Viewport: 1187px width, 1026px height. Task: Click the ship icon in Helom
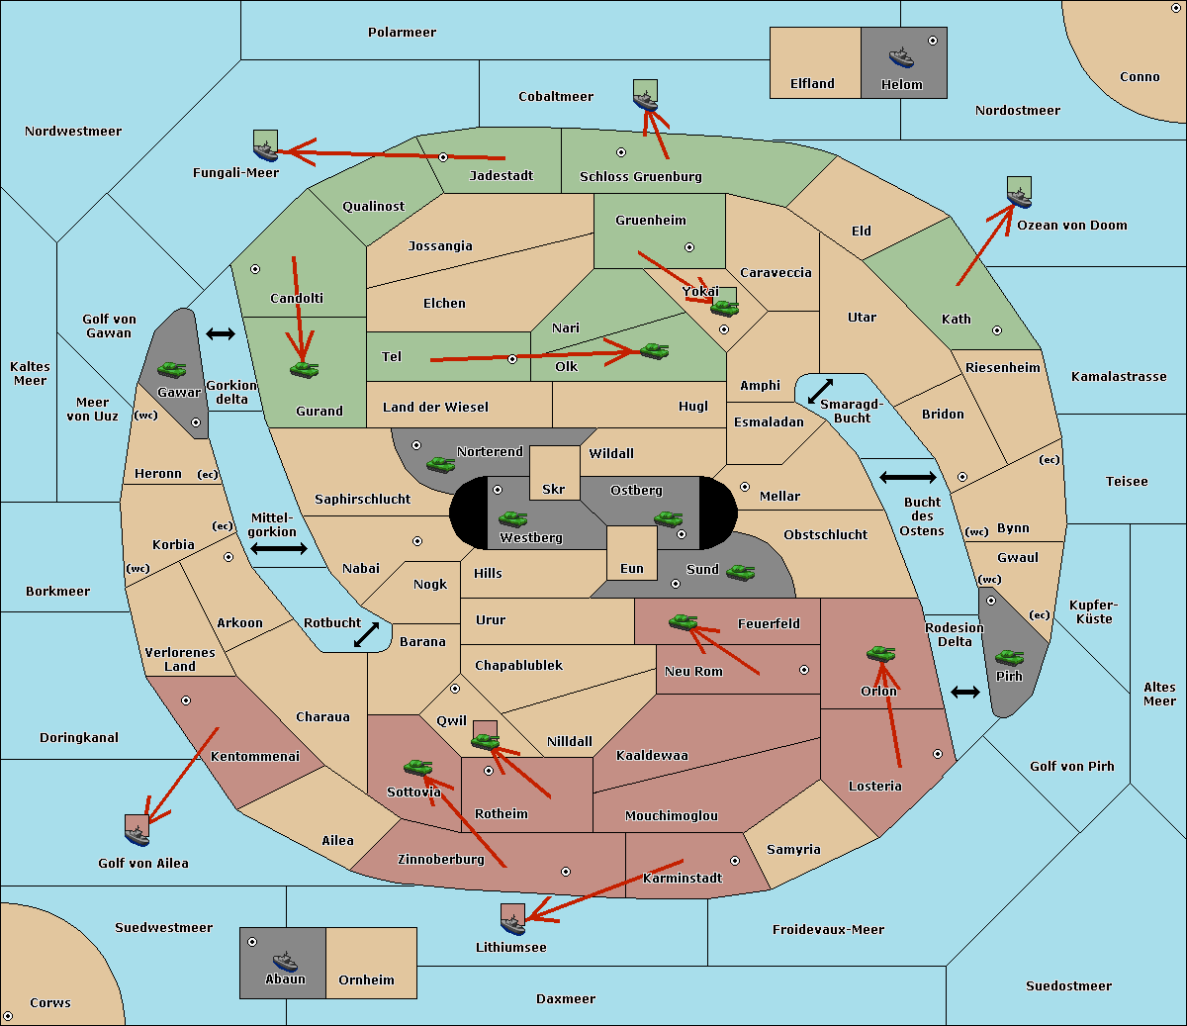pos(901,58)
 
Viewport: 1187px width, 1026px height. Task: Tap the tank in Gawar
pos(172,369)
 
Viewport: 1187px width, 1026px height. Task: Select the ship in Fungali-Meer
pos(265,151)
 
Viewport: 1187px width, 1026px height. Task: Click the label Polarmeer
pos(402,33)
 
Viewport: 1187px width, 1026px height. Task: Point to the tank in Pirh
pos(1009,658)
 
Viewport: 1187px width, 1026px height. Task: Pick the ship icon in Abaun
pos(286,963)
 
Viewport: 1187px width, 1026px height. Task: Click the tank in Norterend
pos(440,464)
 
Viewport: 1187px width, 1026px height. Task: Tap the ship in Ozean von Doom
pos(1019,198)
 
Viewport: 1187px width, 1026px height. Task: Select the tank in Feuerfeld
pos(684,621)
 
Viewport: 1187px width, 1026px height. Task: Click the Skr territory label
pos(554,489)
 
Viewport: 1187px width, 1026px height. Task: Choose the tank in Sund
pos(740,573)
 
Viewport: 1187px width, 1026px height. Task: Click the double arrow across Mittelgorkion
pos(279,549)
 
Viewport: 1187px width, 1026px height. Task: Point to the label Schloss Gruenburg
pos(641,176)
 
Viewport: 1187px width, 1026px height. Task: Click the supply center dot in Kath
pos(997,330)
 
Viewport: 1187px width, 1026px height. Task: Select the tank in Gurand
pos(304,369)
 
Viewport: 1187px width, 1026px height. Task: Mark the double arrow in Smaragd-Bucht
pos(820,391)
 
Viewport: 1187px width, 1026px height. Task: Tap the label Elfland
pos(812,84)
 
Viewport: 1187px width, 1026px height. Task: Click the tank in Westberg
pos(512,519)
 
